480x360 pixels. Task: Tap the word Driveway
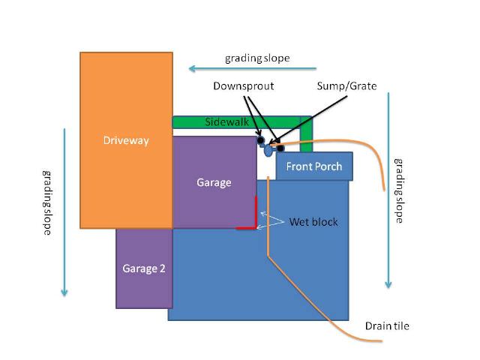coord(126,140)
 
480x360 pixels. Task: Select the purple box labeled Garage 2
coord(144,268)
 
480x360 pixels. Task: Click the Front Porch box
coord(314,166)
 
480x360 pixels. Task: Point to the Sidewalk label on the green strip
coord(226,121)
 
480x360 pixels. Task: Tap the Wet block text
coord(313,223)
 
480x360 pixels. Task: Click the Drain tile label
coord(387,325)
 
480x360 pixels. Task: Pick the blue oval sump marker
coord(268,151)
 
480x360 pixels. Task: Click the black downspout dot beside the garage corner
coord(259,140)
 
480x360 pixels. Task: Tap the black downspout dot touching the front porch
coord(280,148)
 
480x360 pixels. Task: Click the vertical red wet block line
coord(256,211)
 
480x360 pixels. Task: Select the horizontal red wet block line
coord(246,227)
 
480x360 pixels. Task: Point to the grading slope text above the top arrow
coord(257,58)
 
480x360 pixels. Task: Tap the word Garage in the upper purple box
coord(214,182)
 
